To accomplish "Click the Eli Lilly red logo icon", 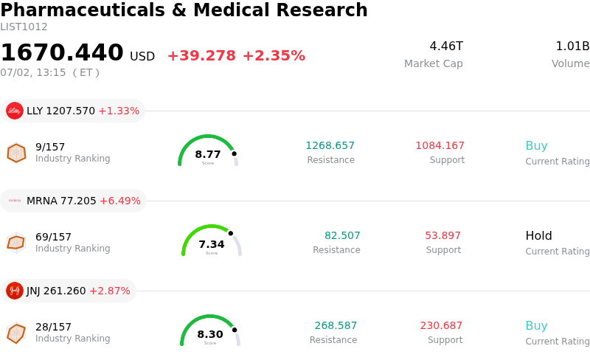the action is pos(15,111).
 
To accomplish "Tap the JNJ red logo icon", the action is pos(15,291).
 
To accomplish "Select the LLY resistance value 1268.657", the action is pos(330,145).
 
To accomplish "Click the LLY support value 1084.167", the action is pos(440,145).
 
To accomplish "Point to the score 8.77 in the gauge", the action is pos(208,154).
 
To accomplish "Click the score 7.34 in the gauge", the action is pos(212,244).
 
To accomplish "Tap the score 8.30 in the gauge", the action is pos(210,334).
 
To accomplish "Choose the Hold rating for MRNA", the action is pos(538,236).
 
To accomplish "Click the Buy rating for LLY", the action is pos(537,146).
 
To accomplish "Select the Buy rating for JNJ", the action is pos(537,326).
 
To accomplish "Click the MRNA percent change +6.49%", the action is pos(120,201).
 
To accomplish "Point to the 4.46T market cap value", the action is pos(446,46).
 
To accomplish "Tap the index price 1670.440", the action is pos(62,52).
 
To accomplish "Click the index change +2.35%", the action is pos(274,56).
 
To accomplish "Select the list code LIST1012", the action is pos(24,27).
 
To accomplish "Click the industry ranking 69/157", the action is pos(53,237).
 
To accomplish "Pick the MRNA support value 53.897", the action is pos(443,235).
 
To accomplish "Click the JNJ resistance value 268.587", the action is pos(336,325).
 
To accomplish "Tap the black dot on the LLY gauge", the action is pos(234,153).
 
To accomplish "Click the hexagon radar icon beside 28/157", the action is pos(16,333).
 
